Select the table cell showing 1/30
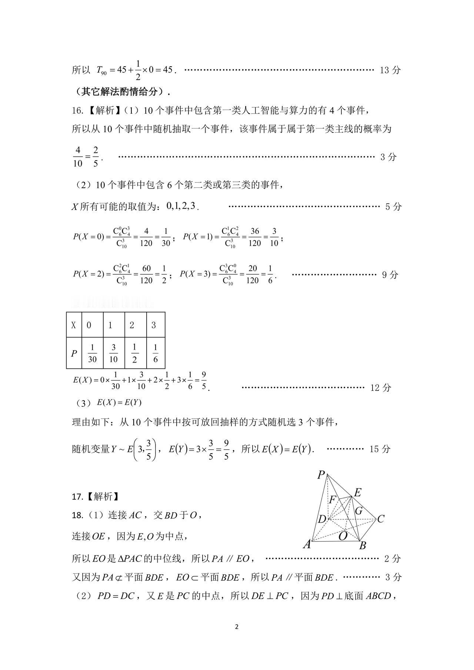click(x=92, y=353)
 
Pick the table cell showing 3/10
click(x=114, y=353)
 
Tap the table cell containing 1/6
click(x=156, y=353)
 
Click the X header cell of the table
click(x=74, y=325)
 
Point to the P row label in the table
click(x=74, y=353)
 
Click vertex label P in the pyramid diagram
click(x=321, y=475)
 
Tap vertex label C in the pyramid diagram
click(x=381, y=519)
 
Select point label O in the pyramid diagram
click(x=343, y=536)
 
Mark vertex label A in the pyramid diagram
click(x=307, y=544)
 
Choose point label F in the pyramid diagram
click(x=333, y=500)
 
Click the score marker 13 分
click(x=390, y=70)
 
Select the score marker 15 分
click(x=380, y=449)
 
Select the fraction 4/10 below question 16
click(x=78, y=157)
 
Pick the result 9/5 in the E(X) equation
click(x=204, y=381)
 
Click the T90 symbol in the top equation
click(x=101, y=70)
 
